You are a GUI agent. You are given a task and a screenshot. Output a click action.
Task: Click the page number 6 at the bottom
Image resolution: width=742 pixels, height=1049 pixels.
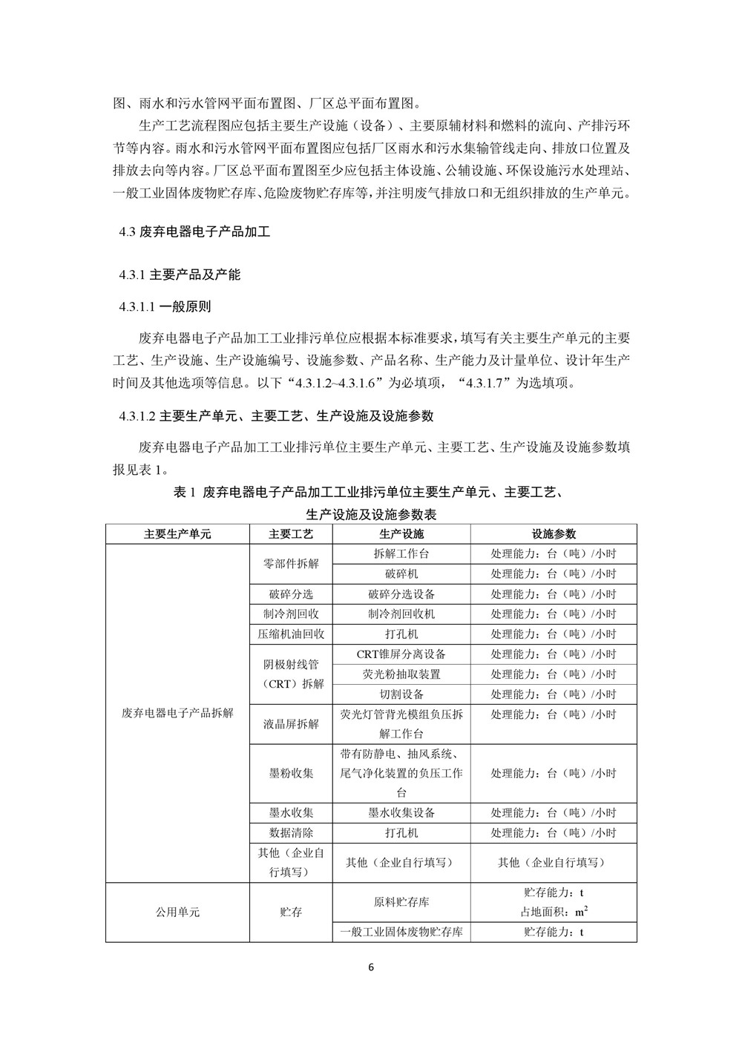pyautogui.click(x=371, y=967)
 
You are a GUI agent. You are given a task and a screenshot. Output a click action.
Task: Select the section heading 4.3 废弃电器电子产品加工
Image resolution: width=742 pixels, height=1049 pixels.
pyautogui.click(x=194, y=232)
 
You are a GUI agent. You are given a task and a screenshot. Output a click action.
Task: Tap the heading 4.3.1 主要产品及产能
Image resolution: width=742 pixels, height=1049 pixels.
pyautogui.click(x=180, y=274)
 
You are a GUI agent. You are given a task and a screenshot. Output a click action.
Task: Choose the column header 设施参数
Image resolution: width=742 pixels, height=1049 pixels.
pyautogui.click(x=553, y=534)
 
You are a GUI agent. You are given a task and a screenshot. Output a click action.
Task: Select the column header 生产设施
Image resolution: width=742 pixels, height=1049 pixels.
pyautogui.click(x=401, y=534)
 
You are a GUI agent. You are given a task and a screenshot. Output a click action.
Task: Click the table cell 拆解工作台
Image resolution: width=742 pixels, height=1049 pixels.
pyautogui.click(x=401, y=554)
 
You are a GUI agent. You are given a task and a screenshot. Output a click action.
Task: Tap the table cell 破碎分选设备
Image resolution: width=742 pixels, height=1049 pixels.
pyautogui.click(x=401, y=594)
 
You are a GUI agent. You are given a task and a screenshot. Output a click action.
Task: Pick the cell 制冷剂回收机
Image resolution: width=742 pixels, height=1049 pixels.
pyautogui.click(x=401, y=614)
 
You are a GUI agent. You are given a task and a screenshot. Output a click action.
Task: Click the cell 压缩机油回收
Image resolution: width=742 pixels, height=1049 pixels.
pyautogui.click(x=291, y=634)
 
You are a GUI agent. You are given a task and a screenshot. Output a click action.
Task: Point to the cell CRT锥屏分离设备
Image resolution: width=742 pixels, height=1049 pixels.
pyautogui.click(x=401, y=654)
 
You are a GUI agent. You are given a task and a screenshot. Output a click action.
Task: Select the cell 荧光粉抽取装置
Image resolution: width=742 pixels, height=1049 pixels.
pyautogui.click(x=401, y=674)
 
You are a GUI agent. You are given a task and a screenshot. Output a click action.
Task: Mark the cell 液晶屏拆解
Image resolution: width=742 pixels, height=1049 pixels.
pyautogui.click(x=291, y=724)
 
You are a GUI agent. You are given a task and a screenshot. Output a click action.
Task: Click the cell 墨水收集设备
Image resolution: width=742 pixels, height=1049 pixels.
pyautogui.click(x=401, y=813)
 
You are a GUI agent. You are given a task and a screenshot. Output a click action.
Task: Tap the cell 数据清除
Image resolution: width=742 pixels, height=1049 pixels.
pyautogui.click(x=291, y=833)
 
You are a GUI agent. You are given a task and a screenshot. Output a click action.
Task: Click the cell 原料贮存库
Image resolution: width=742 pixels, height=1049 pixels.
pyautogui.click(x=401, y=902)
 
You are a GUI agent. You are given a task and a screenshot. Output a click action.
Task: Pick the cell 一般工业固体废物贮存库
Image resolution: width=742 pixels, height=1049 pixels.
pyautogui.click(x=401, y=933)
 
